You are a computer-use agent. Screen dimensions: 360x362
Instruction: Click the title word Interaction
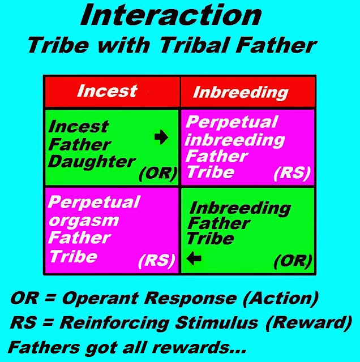click(171, 15)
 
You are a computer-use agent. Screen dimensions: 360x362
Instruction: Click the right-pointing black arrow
click(161, 137)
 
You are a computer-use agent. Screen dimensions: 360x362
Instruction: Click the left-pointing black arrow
click(194, 258)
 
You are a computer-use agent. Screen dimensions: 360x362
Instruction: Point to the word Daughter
click(92, 162)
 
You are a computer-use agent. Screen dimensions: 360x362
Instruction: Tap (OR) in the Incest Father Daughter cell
click(158, 174)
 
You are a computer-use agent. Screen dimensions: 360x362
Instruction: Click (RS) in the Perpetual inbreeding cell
click(292, 174)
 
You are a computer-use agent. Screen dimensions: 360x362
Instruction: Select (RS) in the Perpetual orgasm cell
click(156, 261)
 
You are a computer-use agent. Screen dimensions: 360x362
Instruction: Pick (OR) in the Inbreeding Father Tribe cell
click(293, 261)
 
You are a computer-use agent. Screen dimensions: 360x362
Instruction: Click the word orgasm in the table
click(84, 221)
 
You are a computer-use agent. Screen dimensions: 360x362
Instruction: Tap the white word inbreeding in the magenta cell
click(235, 140)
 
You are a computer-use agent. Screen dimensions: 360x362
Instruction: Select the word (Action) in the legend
click(281, 298)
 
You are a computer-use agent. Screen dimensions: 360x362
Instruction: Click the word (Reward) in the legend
click(308, 322)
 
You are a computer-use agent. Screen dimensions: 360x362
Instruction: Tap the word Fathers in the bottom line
click(44, 347)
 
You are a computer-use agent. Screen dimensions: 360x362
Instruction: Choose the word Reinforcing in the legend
click(114, 323)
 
